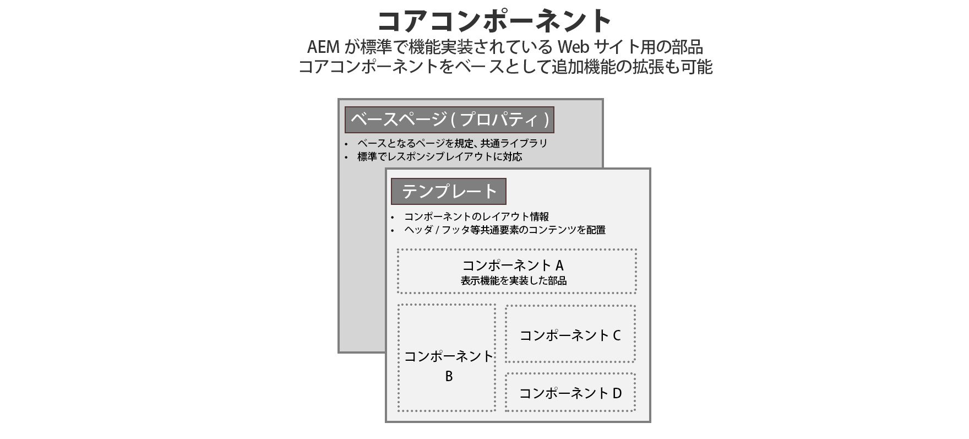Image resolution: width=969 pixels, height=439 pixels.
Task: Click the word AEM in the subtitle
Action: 325,46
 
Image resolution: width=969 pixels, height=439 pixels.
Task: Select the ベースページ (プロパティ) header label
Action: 449,120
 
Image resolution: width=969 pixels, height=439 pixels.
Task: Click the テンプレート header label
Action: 448,191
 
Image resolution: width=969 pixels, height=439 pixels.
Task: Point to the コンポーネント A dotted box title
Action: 513,265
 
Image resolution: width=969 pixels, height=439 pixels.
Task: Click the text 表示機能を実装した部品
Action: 514,280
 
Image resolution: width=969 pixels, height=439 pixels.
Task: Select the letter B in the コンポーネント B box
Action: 449,376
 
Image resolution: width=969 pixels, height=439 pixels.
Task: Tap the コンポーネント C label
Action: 570,335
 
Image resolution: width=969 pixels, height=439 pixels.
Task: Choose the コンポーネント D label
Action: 570,393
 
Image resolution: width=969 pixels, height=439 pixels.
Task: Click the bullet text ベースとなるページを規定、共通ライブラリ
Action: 452,143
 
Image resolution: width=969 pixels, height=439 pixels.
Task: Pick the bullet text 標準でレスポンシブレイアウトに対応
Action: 439,156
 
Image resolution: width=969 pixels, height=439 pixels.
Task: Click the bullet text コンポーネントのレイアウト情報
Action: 476,216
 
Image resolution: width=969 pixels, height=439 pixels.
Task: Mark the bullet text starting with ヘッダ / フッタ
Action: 504,230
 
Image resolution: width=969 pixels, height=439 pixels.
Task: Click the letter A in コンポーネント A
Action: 559,265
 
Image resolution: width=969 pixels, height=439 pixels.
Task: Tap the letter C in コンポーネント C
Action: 617,335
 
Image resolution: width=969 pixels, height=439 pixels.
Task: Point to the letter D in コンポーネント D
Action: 617,393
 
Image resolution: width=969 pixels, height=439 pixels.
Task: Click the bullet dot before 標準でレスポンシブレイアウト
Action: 346,158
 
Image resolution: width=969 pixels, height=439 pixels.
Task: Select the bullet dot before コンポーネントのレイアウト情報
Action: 393,218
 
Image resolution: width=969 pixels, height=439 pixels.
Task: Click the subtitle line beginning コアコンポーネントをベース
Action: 505,67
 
